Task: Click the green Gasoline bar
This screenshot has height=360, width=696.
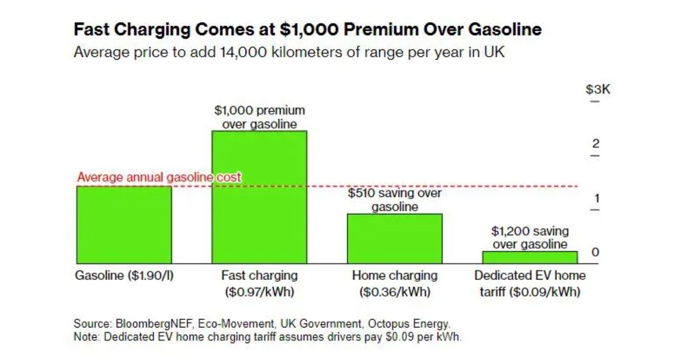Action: [x=123, y=225]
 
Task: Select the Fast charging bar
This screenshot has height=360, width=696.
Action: [x=259, y=197]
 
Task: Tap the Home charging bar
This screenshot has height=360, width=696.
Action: [x=394, y=239]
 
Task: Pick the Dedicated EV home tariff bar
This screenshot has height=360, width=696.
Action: [x=530, y=257]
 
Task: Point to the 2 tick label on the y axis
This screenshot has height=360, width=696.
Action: [x=595, y=144]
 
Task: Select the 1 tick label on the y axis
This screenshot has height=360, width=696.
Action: [x=596, y=198]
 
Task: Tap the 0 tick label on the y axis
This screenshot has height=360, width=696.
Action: [x=595, y=252]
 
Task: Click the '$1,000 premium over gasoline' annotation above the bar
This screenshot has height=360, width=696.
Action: [x=259, y=117]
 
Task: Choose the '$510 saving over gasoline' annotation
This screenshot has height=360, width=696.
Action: [x=395, y=200]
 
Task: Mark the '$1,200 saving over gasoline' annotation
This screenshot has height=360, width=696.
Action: [x=530, y=238]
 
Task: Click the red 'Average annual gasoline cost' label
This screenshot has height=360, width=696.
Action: [x=159, y=177]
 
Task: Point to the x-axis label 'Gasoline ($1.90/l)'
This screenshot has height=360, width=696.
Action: [x=124, y=275]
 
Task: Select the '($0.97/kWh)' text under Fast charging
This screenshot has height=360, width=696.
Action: [x=259, y=292]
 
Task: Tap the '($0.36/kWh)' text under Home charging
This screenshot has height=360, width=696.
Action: [x=395, y=292]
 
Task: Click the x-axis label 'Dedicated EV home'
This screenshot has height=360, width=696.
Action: [x=530, y=275]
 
